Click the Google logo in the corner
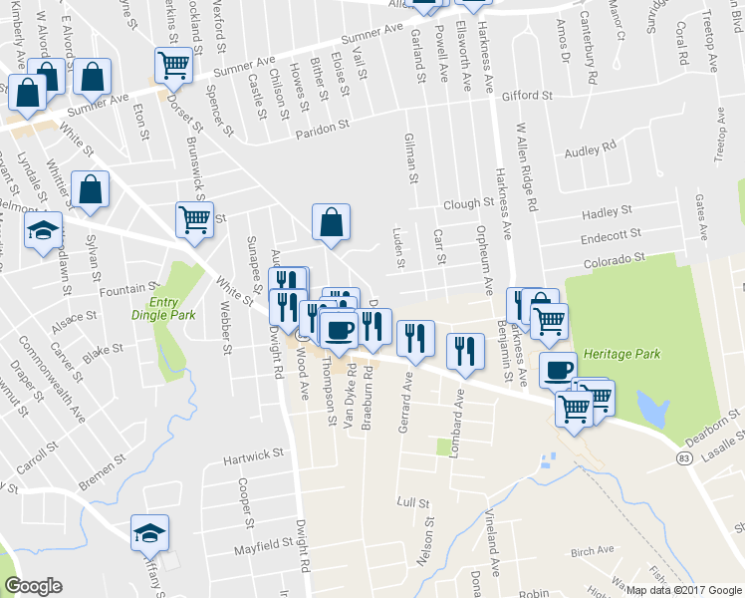click(34, 586)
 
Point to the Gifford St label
click(527, 96)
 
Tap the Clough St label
click(470, 202)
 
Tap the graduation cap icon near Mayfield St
click(149, 532)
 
